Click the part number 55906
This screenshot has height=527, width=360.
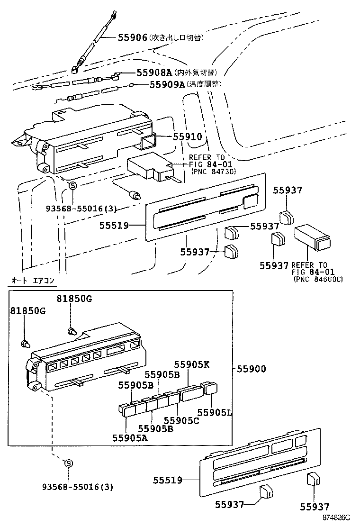tap(133, 37)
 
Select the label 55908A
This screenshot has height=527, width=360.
tap(154, 73)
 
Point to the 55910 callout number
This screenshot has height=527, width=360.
tap(187, 137)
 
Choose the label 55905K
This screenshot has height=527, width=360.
tap(192, 364)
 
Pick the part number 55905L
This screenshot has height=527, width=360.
tap(215, 412)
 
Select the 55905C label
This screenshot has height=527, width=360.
tap(181, 420)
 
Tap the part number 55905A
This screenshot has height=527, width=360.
tap(130, 437)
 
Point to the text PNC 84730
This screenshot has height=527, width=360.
tap(214, 171)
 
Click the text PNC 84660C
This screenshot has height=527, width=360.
tap(318, 279)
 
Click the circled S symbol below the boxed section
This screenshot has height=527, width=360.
tap(68, 463)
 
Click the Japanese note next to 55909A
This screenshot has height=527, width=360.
tap(204, 84)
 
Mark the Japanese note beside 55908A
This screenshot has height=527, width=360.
tap(196, 73)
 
